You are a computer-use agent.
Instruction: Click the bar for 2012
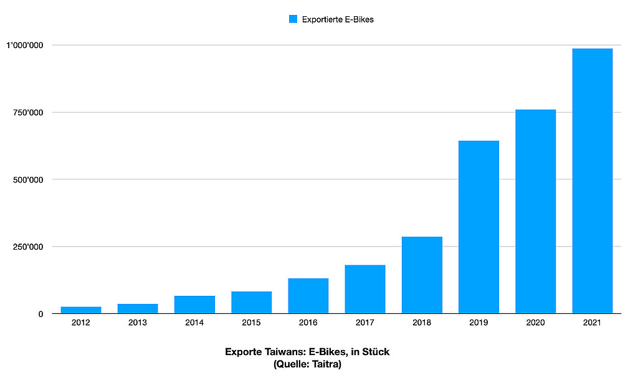[x=81, y=310]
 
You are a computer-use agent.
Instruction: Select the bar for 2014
[x=194, y=305]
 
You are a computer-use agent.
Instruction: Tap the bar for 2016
[x=308, y=296]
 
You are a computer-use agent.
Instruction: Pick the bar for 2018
[x=422, y=275]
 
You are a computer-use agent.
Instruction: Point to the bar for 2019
[x=478, y=227]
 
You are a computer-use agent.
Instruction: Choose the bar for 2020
[x=535, y=212]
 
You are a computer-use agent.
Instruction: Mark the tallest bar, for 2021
[x=592, y=181]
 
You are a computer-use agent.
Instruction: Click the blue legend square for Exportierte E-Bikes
[x=293, y=19]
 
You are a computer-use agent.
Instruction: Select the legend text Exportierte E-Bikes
[x=337, y=19]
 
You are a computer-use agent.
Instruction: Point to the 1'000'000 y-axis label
[x=24, y=45]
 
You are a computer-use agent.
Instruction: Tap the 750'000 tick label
[x=28, y=113]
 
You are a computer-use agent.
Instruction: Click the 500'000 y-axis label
[x=28, y=180]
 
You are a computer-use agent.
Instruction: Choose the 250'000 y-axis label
[x=28, y=247]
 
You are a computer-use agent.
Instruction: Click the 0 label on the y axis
[x=40, y=314]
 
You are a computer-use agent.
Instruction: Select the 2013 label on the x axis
[x=138, y=323]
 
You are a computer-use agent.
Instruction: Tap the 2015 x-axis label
[x=251, y=323]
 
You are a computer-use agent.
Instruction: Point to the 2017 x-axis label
[x=364, y=323]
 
